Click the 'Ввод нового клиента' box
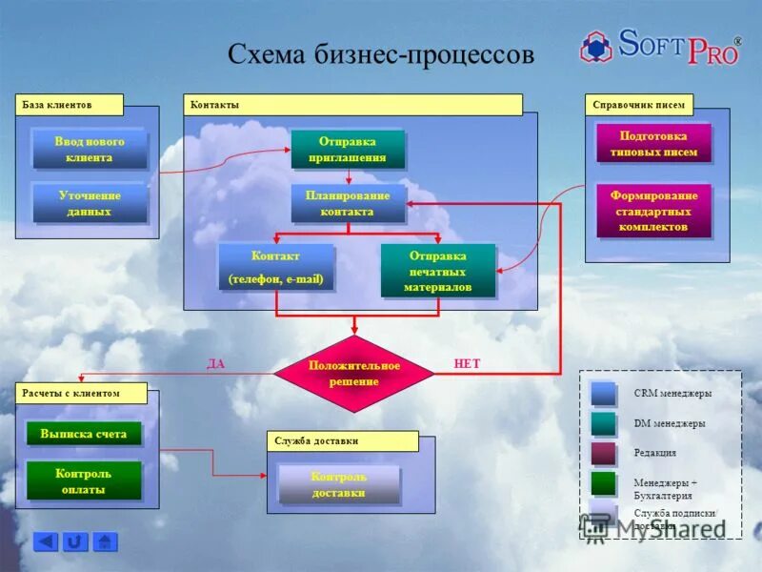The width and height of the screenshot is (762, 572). tap(89, 149)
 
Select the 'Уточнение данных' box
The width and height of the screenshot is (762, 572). tap(89, 203)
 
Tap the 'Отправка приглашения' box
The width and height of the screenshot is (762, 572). tap(348, 149)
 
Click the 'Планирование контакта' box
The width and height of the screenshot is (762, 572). tap(348, 203)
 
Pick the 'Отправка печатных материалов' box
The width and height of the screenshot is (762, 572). tap(438, 271)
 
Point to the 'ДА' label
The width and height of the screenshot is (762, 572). tap(216, 364)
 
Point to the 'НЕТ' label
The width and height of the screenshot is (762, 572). tap(468, 364)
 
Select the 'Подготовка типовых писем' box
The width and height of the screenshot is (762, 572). tap(652, 144)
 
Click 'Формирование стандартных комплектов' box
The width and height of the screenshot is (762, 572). tap(653, 211)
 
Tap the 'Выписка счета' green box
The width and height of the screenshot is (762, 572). tap(84, 434)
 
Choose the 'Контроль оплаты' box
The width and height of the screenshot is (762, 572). tap(84, 481)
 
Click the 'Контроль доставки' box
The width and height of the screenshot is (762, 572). tap(338, 484)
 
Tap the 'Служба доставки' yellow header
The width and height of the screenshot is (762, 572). tap(342, 440)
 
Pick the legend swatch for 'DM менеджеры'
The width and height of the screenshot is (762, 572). tap(603, 423)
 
